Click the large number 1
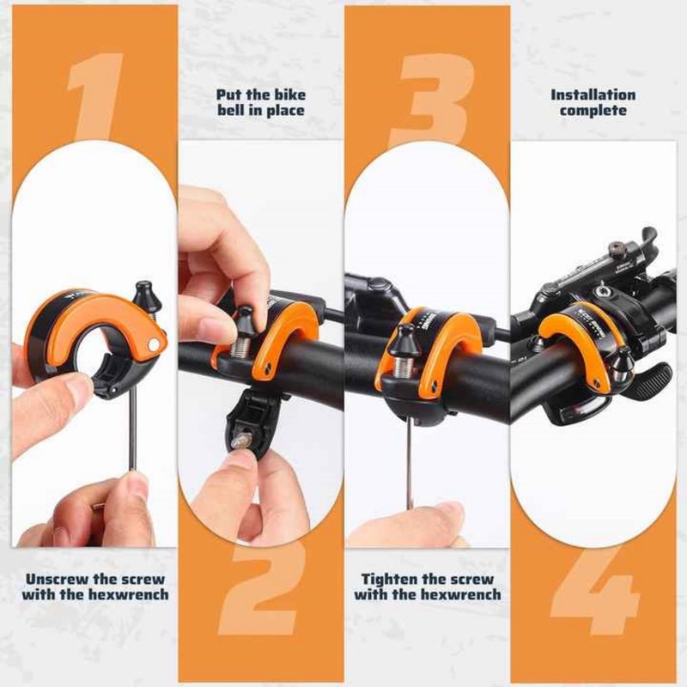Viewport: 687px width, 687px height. [x=96, y=94]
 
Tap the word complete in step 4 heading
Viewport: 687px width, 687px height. [x=593, y=111]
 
